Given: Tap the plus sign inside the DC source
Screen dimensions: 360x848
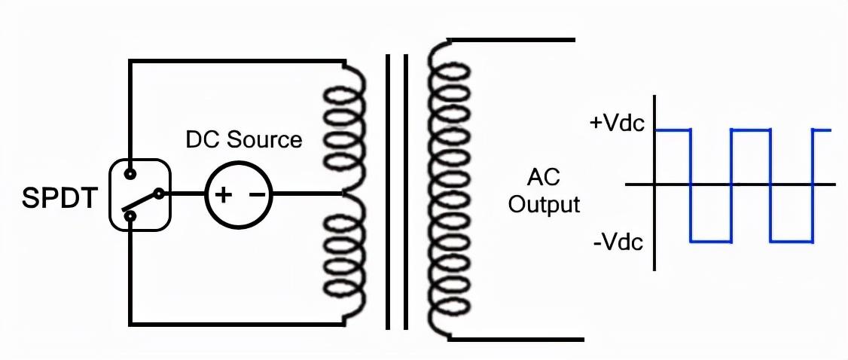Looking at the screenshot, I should point(224,195).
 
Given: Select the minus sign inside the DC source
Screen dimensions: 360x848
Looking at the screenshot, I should point(256,195).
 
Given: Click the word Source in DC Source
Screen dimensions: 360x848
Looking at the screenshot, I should point(266,139).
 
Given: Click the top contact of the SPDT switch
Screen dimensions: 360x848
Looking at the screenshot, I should point(130,173).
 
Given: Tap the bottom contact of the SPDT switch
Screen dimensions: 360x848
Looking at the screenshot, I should point(130,217).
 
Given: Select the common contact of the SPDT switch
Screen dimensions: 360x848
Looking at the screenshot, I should point(159,194).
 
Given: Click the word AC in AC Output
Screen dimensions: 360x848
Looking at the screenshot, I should point(543,178).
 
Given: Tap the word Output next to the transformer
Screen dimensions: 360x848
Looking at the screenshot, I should point(544,204).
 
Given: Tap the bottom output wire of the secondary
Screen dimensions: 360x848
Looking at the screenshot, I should point(520,339).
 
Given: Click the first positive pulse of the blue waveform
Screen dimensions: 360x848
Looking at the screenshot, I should point(673,130).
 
